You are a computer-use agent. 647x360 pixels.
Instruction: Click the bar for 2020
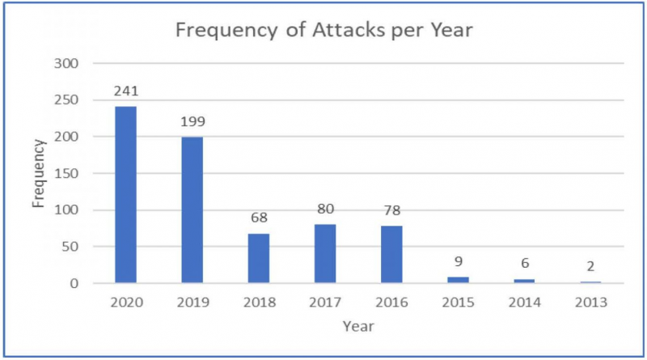(x=125, y=195)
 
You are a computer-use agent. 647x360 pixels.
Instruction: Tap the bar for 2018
(x=258, y=258)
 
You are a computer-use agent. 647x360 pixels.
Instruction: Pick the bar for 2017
(x=324, y=253)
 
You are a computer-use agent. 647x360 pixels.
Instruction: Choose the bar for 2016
(x=391, y=254)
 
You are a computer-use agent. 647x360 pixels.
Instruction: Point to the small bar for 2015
(x=457, y=280)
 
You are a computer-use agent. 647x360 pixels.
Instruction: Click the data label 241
(x=125, y=92)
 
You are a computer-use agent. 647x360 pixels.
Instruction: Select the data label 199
(x=192, y=123)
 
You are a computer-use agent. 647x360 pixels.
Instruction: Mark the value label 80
(x=324, y=210)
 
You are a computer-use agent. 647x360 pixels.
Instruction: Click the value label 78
(x=391, y=212)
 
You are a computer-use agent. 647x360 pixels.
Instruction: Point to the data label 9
(x=457, y=262)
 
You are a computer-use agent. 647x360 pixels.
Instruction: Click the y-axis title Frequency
(x=39, y=173)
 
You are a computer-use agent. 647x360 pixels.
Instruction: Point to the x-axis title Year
(x=357, y=326)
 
